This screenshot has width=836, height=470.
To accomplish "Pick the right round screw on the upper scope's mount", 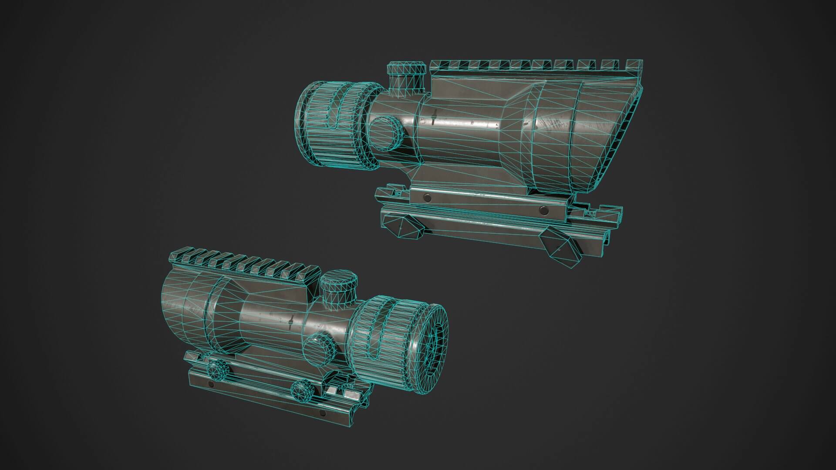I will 543,211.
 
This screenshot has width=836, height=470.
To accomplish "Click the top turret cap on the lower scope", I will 339,285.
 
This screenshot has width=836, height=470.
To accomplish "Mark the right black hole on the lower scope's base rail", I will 322,412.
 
